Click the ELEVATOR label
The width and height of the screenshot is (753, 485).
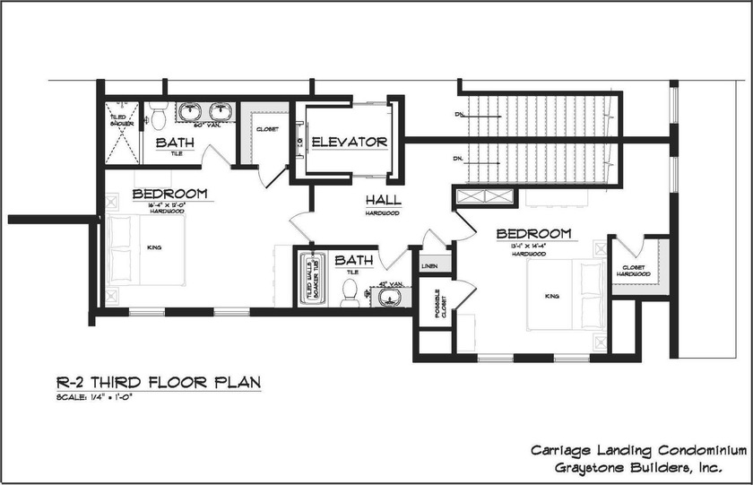349,142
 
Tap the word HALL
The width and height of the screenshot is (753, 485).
383,200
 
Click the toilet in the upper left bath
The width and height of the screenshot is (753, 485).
159,117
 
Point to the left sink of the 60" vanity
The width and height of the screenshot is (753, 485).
190,111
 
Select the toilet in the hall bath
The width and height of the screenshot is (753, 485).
350,291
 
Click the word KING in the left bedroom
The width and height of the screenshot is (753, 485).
154,247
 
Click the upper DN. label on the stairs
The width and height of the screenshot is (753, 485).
459,115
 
